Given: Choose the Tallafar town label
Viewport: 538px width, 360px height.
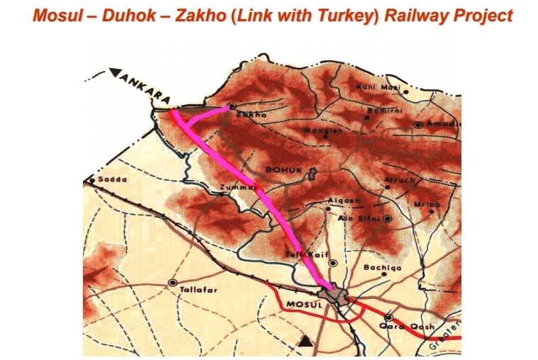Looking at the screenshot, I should coord(197,290).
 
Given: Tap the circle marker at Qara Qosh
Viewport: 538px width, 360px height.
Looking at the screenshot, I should coord(388,317).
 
